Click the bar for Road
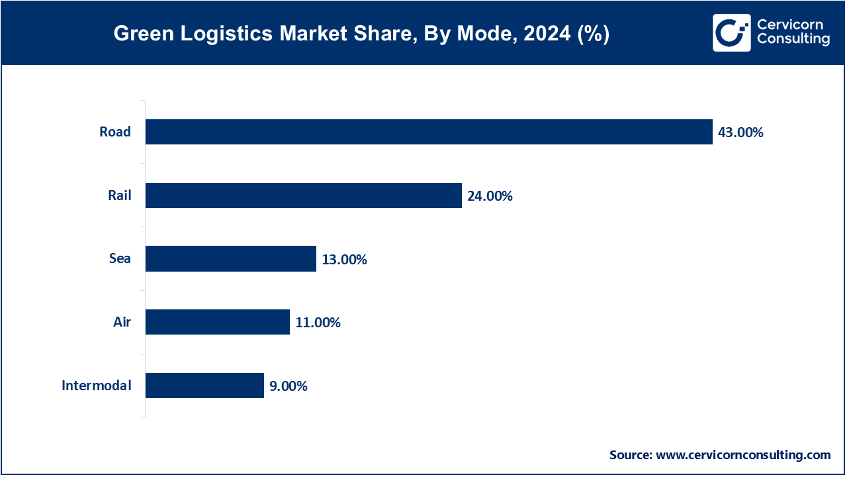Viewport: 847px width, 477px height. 429,132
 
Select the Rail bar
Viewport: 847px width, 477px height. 303,195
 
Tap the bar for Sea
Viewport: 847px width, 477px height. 230,259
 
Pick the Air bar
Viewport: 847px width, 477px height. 217,323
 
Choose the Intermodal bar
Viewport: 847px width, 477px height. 204,386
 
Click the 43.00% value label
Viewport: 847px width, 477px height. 740,132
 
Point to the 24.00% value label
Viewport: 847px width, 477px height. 490,196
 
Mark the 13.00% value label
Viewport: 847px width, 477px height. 344,260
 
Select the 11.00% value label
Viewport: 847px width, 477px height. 318,323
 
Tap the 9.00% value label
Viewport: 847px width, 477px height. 289,386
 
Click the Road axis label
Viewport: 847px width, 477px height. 115,132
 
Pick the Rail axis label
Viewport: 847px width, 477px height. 120,195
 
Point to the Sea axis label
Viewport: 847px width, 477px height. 120,259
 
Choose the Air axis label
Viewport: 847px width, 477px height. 122,323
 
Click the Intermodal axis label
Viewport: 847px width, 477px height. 97,386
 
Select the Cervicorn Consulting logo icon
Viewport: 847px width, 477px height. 731,32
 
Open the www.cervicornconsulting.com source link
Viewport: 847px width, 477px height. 742,455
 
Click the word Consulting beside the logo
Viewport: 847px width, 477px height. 793,40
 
